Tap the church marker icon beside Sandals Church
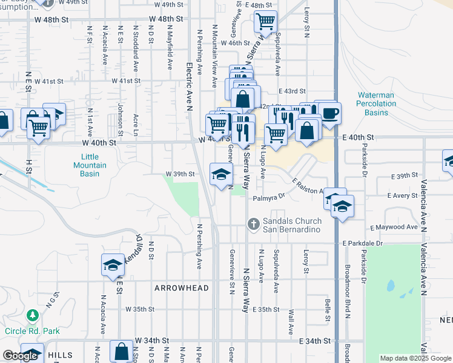click(x=255, y=224)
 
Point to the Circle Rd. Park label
click(x=32, y=331)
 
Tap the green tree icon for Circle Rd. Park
click(x=32, y=316)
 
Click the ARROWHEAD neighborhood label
click(x=181, y=288)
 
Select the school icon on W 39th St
click(x=221, y=174)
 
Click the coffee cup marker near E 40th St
click(x=329, y=113)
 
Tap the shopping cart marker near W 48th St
click(x=265, y=22)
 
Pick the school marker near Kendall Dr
click(x=113, y=265)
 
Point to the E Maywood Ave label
click(x=394, y=227)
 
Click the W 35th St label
click(x=141, y=309)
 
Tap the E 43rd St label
click(x=294, y=91)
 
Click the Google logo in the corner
click(x=20, y=356)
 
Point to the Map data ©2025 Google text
click(x=415, y=358)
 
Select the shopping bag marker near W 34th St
click(x=122, y=351)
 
